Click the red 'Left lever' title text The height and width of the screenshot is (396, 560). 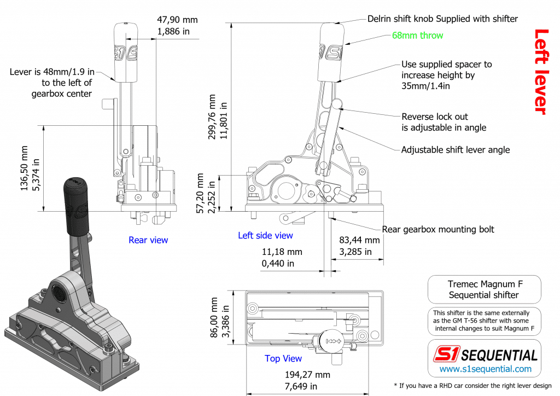tap(540, 72)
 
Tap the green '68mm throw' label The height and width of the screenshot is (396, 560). tap(417, 36)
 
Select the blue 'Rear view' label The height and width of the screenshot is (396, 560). tap(148, 240)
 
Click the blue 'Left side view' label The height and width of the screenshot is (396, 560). tap(265, 236)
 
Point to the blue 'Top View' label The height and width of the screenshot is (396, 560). tap(283, 359)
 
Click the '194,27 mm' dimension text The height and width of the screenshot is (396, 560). tap(308, 375)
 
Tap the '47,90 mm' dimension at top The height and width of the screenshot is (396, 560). tap(177, 20)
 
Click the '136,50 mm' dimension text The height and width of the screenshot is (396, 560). tap(24, 168)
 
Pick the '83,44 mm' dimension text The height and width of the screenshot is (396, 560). tap(359, 240)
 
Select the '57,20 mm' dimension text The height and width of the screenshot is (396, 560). tap(201, 194)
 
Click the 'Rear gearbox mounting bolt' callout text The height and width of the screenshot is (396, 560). tap(437, 230)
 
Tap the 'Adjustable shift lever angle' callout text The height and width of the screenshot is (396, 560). tap(455, 150)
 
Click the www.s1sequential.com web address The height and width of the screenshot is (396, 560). tap(486, 369)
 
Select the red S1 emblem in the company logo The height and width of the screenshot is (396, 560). tap(447, 355)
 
